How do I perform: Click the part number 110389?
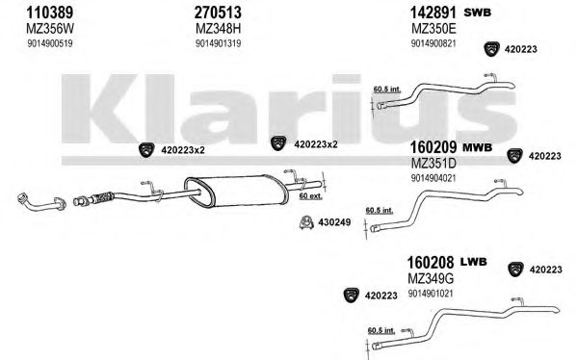click(49, 13)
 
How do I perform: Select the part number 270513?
click(218, 13)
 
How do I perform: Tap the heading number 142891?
click(433, 13)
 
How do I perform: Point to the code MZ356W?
click(50, 28)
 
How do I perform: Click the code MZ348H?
click(219, 28)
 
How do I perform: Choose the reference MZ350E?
click(433, 28)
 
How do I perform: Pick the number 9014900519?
click(50, 43)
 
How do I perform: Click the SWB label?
click(477, 13)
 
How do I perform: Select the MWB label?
click(477, 148)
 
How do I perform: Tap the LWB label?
click(474, 262)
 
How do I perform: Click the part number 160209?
click(433, 147)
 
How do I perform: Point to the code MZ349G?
click(431, 279)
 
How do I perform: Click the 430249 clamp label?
click(334, 222)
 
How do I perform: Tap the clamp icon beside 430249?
click(305, 221)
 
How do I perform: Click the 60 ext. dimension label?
click(310, 196)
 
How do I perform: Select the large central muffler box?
click(236, 191)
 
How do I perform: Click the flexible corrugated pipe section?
click(102, 197)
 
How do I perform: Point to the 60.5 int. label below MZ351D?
click(379, 211)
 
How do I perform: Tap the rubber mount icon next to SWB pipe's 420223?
click(491, 49)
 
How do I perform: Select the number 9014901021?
click(431, 295)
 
